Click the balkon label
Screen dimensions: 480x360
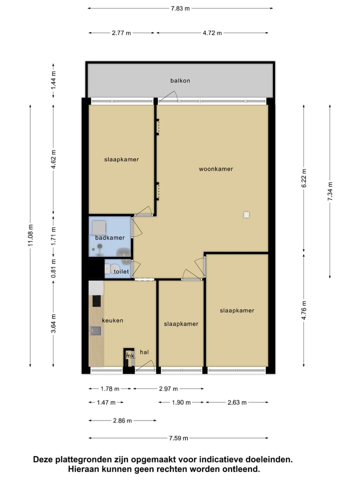180,80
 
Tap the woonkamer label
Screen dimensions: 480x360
216,169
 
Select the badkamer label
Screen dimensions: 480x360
110,238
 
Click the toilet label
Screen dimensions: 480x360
121,271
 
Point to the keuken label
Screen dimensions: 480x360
112,320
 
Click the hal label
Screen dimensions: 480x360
144,352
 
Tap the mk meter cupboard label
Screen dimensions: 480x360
129,356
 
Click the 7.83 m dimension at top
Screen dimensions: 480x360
180,8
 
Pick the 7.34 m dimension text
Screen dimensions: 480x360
330,190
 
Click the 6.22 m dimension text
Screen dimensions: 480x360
304,177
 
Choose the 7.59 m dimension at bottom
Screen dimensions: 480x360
178,438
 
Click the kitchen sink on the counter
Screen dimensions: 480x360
96,330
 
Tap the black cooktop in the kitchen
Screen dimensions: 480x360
96,301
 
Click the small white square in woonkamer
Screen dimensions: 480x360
246,215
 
